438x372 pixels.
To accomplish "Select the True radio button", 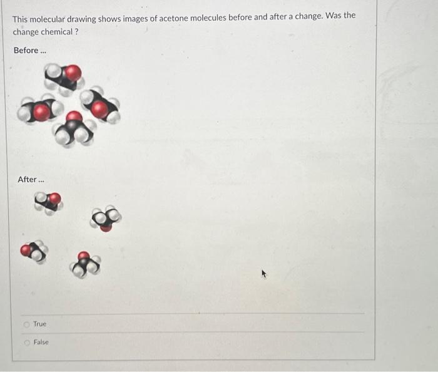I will [x=27, y=324].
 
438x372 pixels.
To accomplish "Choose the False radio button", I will [x=27, y=342].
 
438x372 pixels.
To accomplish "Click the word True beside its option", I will [x=39, y=324].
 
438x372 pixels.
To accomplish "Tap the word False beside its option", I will [x=41, y=342].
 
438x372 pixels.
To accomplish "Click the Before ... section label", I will [x=30, y=50].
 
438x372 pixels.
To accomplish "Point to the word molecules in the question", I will [x=214, y=17].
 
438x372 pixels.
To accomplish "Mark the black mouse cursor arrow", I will [x=265, y=274].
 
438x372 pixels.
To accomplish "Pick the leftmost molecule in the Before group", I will [x=39, y=111].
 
